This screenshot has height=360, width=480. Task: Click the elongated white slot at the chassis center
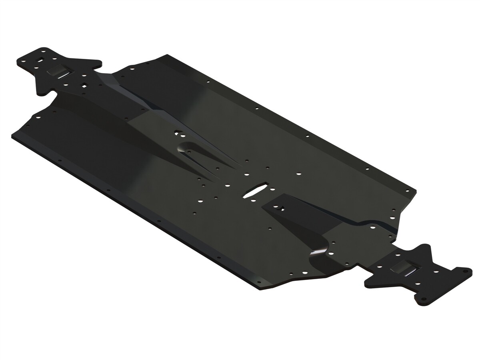[x=255, y=190]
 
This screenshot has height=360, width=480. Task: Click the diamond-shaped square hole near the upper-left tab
[x=84, y=84]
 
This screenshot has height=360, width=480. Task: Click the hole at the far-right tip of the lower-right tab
[x=464, y=272]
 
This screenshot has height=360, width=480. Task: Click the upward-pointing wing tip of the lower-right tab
[x=425, y=248]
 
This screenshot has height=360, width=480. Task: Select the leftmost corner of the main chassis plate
[x=13, y=134]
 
